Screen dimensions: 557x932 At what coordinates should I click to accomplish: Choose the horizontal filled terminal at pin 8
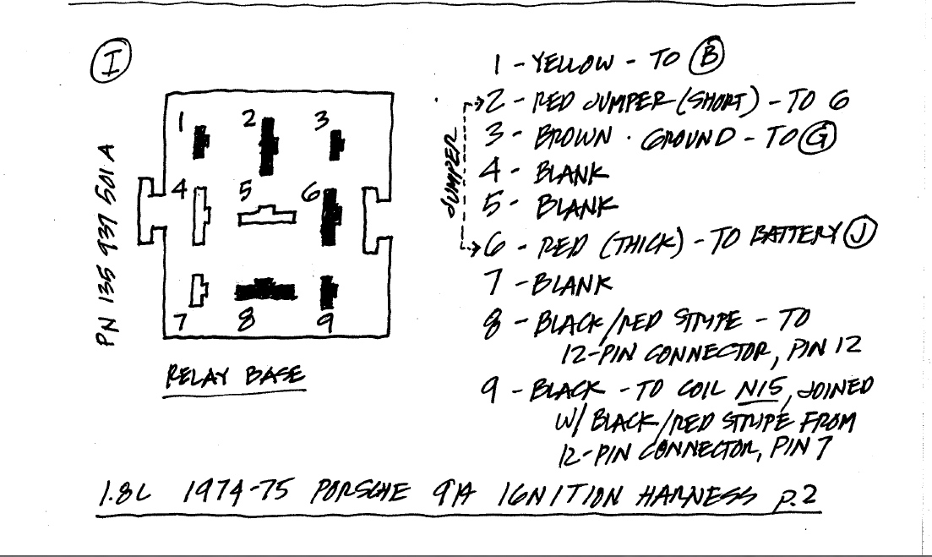265,290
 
